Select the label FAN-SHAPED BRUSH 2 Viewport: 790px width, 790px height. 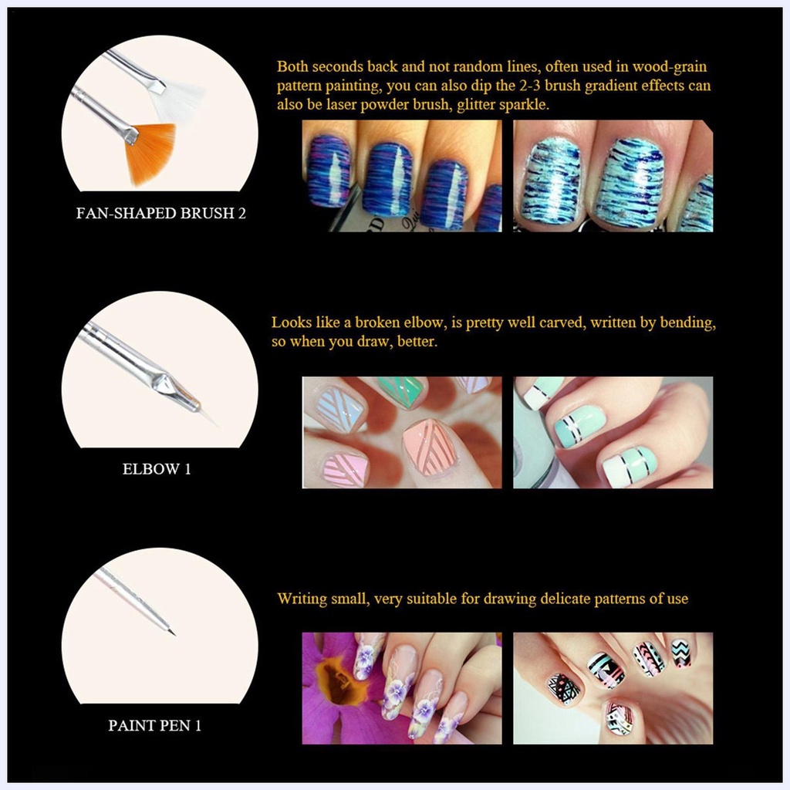(x=160, y=213)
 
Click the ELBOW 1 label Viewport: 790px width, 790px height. (x=157, y=469)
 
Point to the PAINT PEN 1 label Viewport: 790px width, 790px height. (x=154, y=725)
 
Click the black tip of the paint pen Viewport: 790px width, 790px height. (x=172, y=632)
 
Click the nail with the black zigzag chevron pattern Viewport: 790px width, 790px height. (x=681, y=653)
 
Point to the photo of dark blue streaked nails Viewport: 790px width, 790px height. (x=402, y=176)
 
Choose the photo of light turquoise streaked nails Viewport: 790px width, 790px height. (x=613, y=176)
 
